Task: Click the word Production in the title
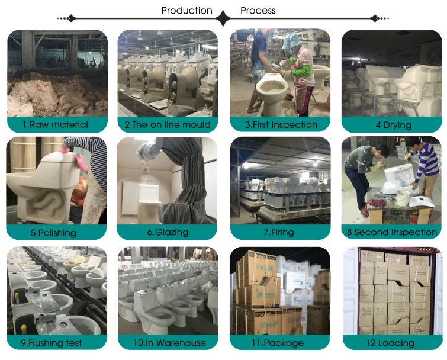[x=186, y=11]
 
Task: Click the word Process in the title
[x=258, y=11]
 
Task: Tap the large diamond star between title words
[x=223, y=18]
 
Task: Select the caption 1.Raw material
[x=55, y=124]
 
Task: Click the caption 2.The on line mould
[x=168, y=124]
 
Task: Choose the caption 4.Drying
[x=393, y=125]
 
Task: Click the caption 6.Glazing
[x=167, y=232]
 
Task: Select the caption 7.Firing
[x=279, y=232]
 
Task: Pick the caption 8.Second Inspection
[x=392, y=232]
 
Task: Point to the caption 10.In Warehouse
[x=166, y=343]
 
